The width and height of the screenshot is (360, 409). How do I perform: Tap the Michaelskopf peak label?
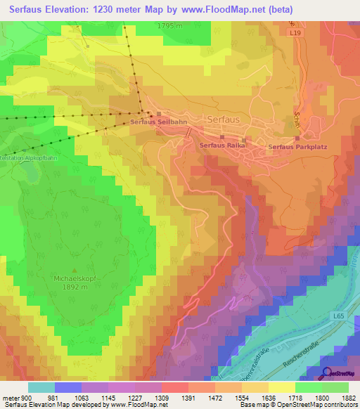click(79, 278)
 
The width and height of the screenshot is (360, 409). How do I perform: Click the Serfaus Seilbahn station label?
click(158, 122)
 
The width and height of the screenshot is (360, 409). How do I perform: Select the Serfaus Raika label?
click(221, 145)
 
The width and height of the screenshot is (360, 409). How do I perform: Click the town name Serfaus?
click(224, 120)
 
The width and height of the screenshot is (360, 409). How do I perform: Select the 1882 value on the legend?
click(347, 398)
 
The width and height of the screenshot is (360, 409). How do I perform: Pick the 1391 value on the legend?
click(188, 398)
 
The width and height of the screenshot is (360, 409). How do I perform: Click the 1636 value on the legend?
click(267, 398)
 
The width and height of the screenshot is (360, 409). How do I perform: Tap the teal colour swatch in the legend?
click(41, 387)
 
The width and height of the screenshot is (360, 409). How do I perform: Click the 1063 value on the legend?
click(82, 398)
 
